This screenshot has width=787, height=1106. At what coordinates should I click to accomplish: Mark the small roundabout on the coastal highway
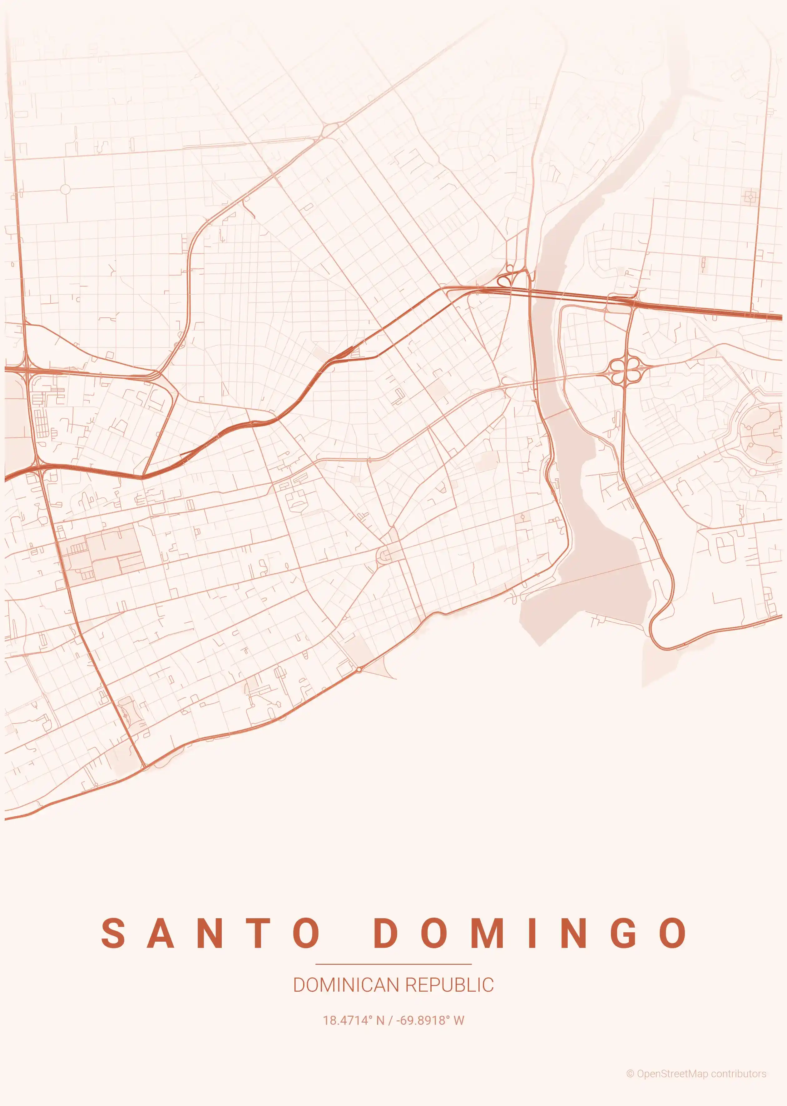(359, 669)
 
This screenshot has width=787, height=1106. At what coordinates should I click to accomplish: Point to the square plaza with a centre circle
(750, 197)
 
